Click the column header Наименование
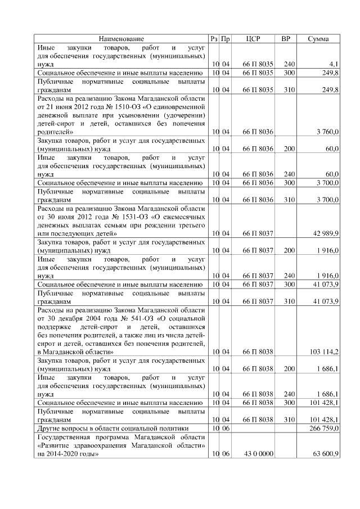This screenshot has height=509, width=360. pos(121,39)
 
